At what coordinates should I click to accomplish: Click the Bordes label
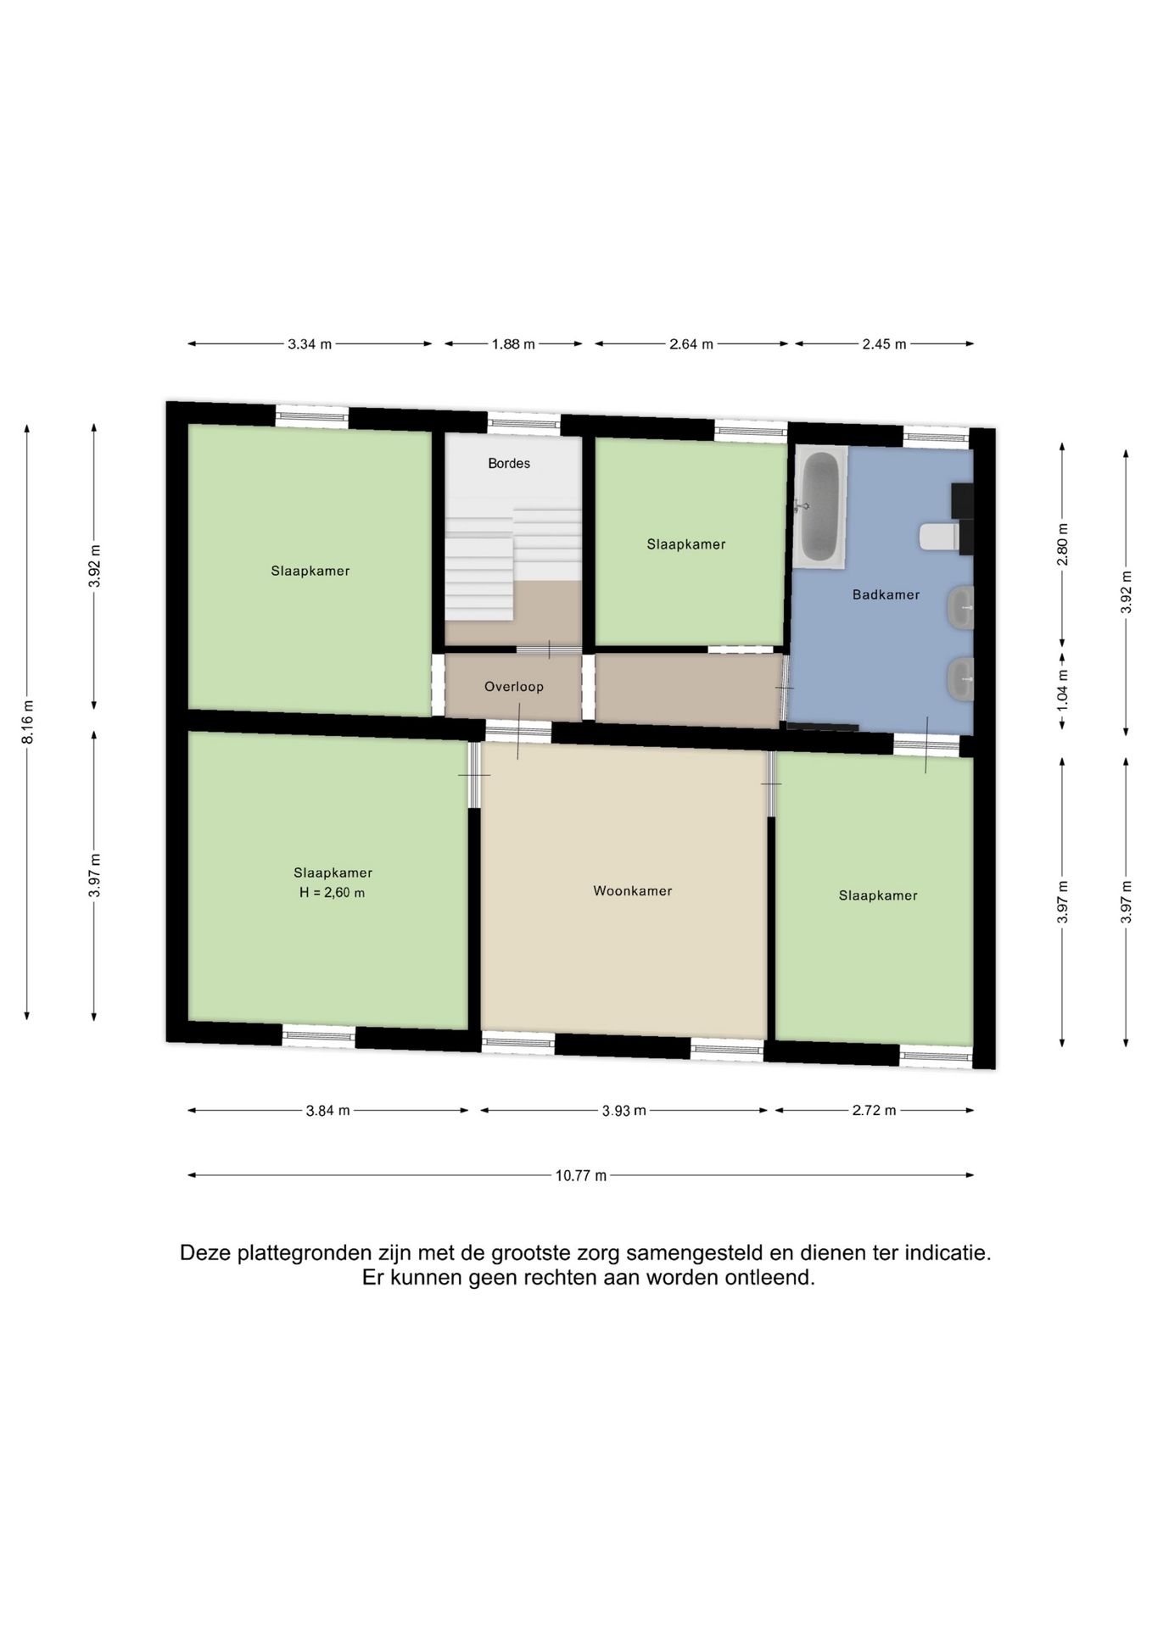click(x=509, y=463)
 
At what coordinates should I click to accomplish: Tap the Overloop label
click(x=514, y=687)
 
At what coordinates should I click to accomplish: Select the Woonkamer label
click(x=633, y=890)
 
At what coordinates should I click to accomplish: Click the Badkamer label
click(x=886, y=594)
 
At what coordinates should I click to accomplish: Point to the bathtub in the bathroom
click(x=820, y=506)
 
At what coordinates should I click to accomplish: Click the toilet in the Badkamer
click(x=941, y=536)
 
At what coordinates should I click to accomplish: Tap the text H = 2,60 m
click(x=333, y=893)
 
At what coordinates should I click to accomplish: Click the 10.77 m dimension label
click(x=581, y=1176)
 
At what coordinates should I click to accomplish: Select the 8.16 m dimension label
click(x=28, y=722)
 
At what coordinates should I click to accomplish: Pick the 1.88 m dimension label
click(x=514, y=344)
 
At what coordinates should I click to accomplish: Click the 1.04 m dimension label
click(x=1063, y=689)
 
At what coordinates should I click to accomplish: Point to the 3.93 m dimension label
click(x=624, y=1111)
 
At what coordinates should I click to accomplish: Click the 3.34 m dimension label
click(x=310, y=344)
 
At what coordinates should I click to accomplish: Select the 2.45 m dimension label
click(x=885, y=344)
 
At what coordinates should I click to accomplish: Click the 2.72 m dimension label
click(x=875, y=1111)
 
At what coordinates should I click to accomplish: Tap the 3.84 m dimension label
click(x=328, y=1111)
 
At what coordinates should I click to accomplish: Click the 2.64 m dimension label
click(x=691, y=344)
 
